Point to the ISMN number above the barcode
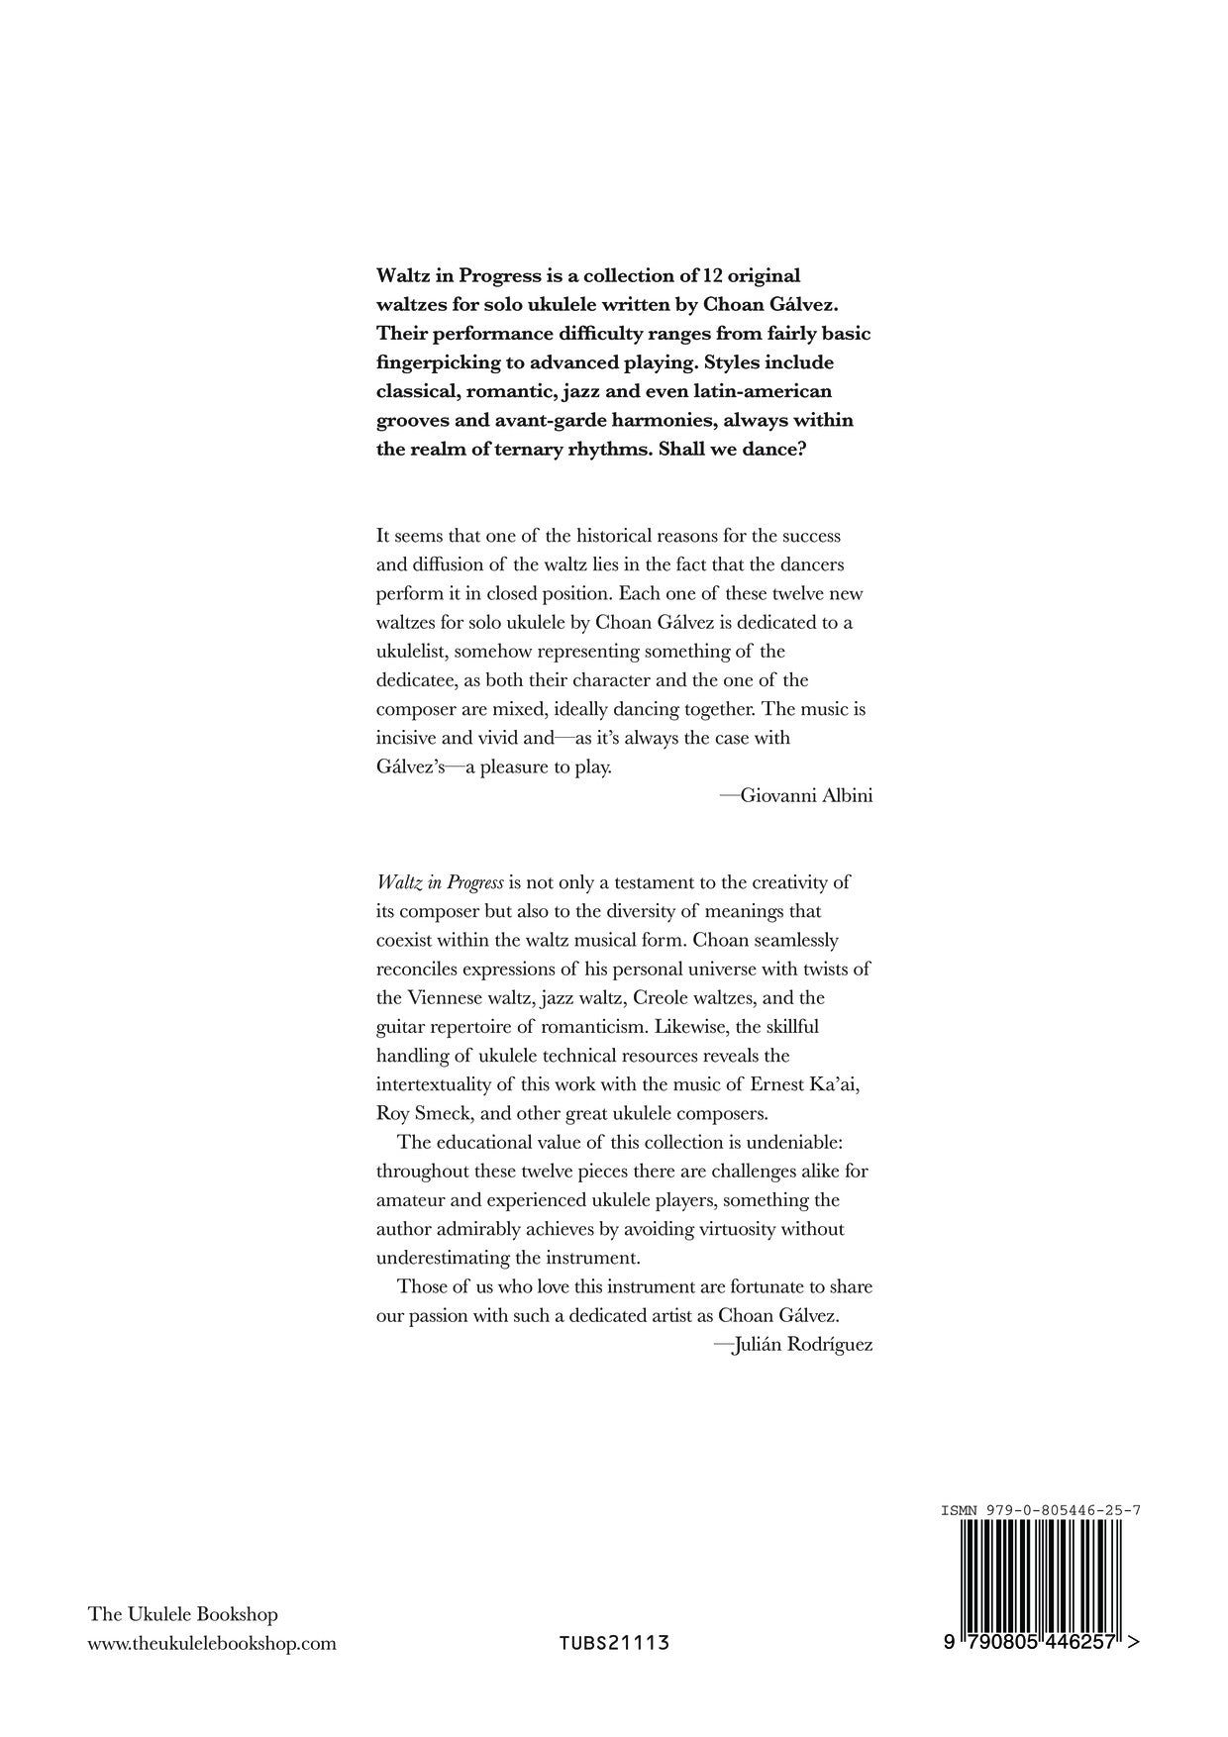coord(1042,1510)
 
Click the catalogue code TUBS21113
coord(614,1644)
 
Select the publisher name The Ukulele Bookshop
coord(183,1614)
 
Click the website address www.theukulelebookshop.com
coord(212,1644)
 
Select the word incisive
coord(408,738)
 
